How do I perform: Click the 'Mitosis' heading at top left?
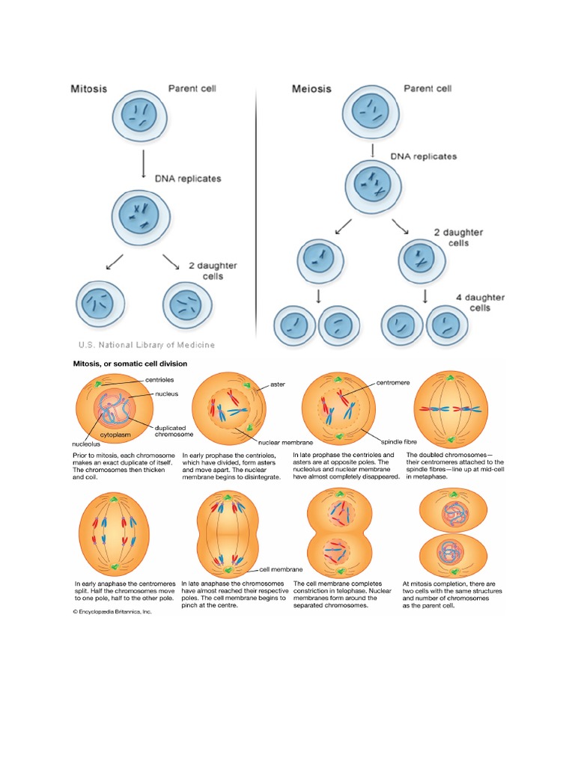click(88, 88)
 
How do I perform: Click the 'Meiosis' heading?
click(311, 88)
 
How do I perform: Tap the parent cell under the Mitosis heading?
click(140, 115)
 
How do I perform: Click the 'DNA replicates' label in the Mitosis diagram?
click(188, 179)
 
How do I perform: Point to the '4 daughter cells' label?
click(480, 302)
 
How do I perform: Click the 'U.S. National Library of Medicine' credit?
click(147, 345)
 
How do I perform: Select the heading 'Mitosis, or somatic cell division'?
click(130, 364)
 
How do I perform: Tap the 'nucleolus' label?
click(87, 444)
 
